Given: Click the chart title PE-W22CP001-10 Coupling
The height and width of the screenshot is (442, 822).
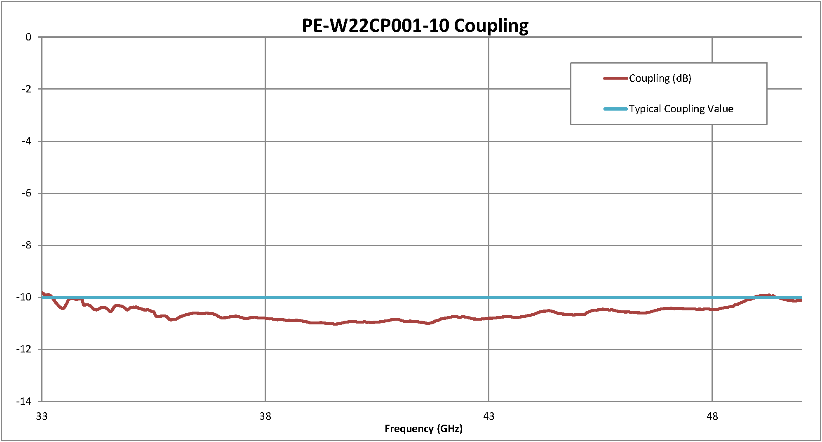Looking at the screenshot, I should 415,26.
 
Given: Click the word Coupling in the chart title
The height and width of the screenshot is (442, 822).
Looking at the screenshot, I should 491,26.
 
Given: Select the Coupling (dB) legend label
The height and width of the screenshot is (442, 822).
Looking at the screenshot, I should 660,78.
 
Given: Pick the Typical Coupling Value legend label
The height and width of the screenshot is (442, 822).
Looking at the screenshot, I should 681,109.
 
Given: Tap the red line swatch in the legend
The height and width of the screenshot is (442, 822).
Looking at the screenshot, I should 615,78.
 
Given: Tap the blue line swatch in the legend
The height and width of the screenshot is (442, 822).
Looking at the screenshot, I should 615,109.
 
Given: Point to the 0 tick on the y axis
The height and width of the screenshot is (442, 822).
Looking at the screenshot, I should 28,37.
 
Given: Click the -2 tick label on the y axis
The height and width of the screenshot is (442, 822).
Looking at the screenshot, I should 26,89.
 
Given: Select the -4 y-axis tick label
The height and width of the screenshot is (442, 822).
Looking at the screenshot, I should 26,141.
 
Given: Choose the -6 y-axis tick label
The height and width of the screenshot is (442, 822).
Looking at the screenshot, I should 26,193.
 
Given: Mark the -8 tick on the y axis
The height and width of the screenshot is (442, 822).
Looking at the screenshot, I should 26,245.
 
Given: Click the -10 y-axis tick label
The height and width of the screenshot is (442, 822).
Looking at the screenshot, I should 24,297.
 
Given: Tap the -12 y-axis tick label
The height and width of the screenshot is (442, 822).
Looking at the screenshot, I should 24,349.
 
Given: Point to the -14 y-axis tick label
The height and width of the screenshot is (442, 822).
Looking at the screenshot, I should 24,401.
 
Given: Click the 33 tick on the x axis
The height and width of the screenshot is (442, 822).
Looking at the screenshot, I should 42,416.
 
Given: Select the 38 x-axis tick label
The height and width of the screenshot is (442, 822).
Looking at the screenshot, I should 265,416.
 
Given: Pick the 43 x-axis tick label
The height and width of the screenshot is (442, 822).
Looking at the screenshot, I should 489,416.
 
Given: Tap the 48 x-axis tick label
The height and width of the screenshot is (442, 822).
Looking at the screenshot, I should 712,416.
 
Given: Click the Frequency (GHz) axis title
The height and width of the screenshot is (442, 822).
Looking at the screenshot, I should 423,429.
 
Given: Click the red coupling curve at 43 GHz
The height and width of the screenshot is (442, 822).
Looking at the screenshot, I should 489,318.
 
